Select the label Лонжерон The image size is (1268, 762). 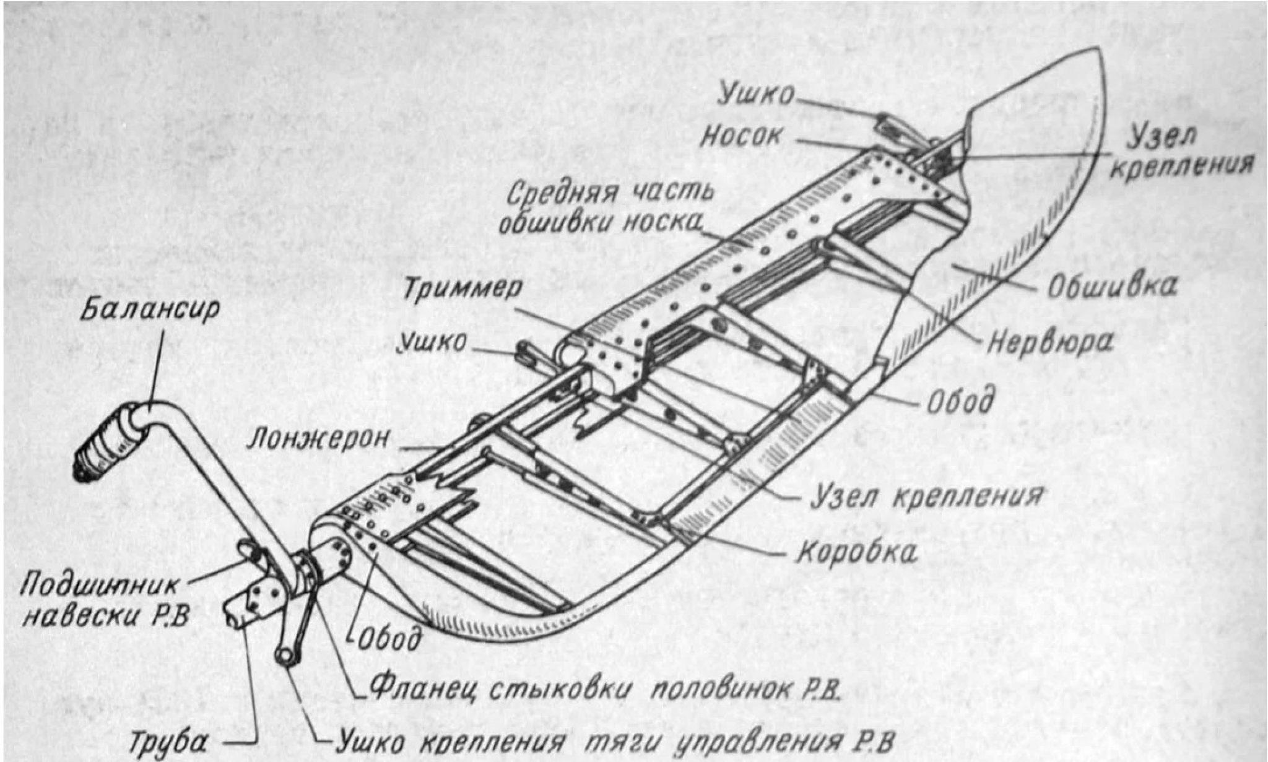[x=319, y=438]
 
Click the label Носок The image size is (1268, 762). [x=741, y=137]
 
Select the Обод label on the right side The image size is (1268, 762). [x=960, y=400]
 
